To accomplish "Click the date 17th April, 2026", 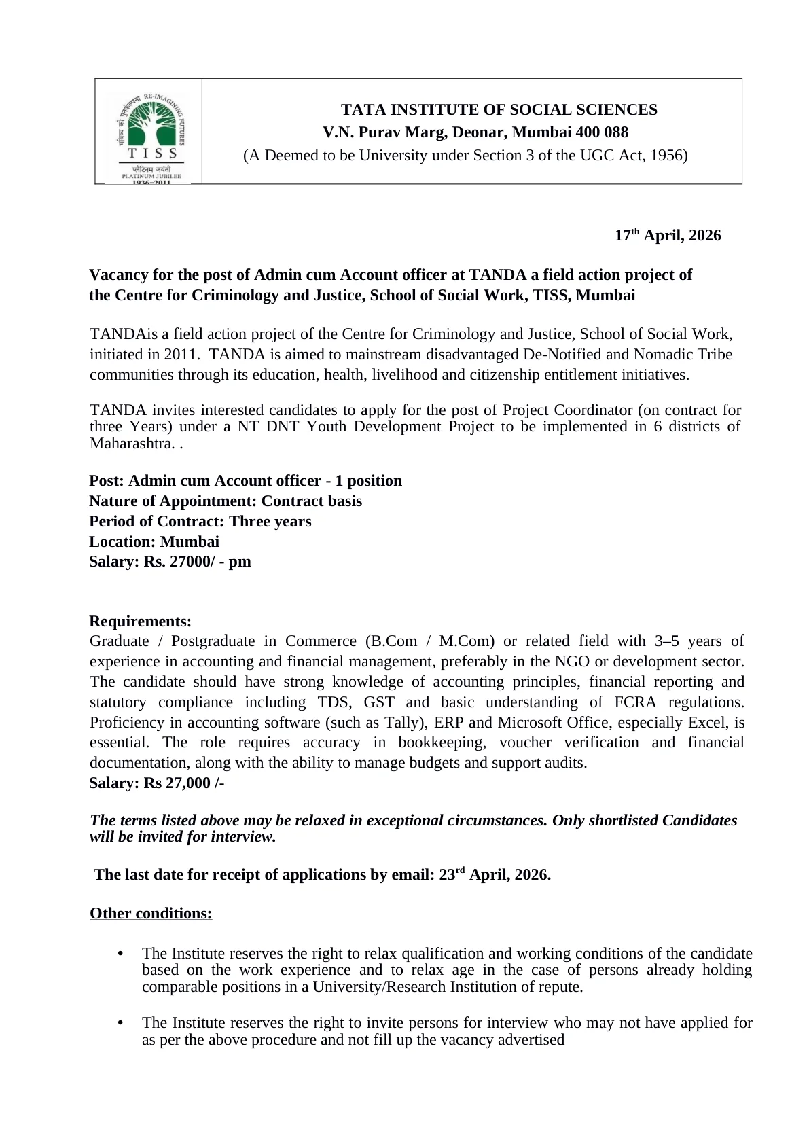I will point(667,236).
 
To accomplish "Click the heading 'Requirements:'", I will point(140,621).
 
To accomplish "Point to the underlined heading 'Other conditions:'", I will point(151,913).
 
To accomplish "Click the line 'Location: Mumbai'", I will point(154,541).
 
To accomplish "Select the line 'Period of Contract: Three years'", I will point(200,521).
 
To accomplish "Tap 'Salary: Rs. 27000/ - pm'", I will point(170,561).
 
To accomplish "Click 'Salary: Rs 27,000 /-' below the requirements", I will point(157,783).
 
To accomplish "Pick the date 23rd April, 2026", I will point(494,874).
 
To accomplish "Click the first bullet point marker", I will point(121,954).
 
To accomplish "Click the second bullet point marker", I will point(121,1023).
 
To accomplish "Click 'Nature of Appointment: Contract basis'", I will point(226,501).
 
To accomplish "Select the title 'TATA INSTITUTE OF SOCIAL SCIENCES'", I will point(499,110).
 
